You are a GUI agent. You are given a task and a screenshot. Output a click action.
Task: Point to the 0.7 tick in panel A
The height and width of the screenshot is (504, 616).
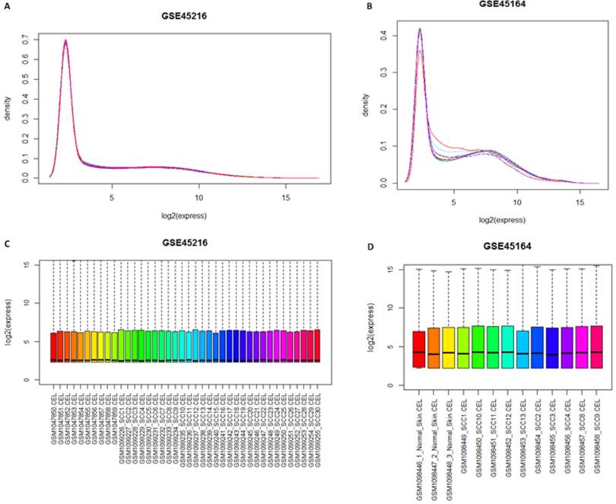click(29, 36)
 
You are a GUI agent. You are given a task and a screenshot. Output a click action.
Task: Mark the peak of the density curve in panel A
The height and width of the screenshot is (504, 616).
click(66, 40)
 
